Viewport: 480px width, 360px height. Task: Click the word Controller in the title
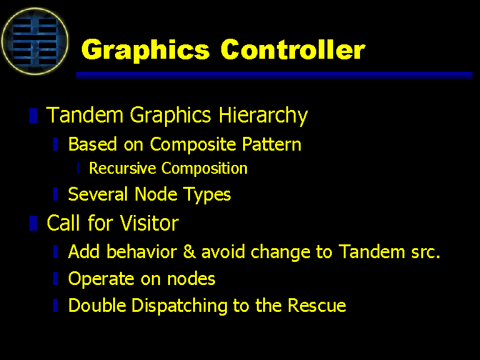[293, 49]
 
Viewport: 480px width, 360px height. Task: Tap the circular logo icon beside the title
[35, 41]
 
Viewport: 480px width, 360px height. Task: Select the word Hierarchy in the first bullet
[263, 116]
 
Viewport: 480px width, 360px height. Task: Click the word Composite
[193, 144]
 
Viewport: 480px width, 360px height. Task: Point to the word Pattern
[271, 144]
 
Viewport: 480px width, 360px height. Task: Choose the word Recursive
[122, 168]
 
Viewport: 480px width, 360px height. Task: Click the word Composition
[204, 168]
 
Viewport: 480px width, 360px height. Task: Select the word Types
[207, 195]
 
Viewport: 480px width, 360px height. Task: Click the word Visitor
[149, 222]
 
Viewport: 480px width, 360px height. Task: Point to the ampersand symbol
[189, 252]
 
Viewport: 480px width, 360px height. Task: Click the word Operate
[101, 279]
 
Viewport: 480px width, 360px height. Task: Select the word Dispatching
[179, 306]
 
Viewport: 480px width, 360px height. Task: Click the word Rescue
[316, 305]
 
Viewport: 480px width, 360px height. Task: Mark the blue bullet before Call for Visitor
[33, 223]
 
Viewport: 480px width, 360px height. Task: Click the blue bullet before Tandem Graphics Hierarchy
[33, 116]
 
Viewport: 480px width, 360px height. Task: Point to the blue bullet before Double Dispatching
[56, 305]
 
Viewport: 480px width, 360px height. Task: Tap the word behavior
[141, 252]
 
